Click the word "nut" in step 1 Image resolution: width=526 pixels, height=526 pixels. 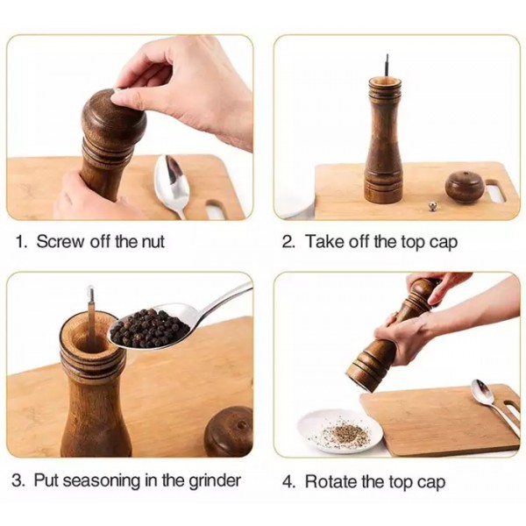(153, 242)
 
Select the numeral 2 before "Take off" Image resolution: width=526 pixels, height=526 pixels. (288, 242)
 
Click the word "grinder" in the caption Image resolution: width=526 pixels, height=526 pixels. (215, 481)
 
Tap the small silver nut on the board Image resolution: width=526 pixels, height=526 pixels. (433, 206)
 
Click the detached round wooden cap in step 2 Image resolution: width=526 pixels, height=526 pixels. (465, 188)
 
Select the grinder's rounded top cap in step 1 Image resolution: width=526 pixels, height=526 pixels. (114, 116)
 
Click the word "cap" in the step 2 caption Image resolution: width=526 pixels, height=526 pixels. (444, 243)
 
